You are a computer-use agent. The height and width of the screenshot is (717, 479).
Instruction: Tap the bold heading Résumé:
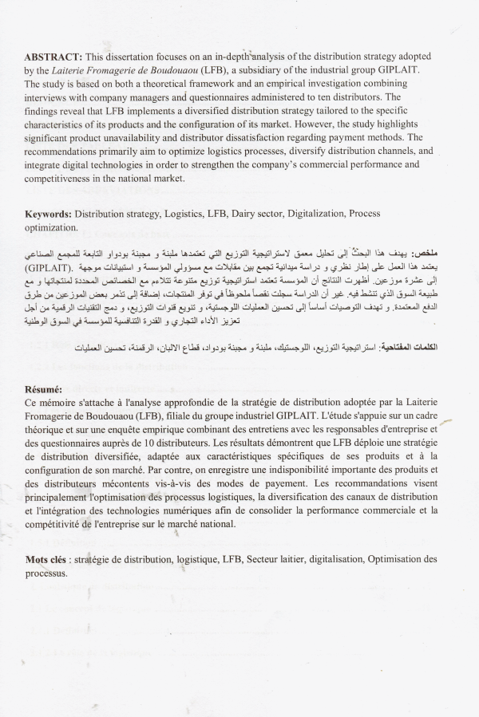pos(45,388)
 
